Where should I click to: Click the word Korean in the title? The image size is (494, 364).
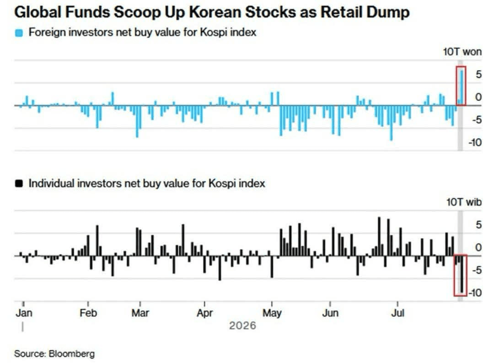pos(215,12)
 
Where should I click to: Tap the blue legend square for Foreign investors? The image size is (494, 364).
pos(19,33)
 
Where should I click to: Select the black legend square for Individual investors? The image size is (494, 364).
pos(19,184)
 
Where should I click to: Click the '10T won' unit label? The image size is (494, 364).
pos(462,52)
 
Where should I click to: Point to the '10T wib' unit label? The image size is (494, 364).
pos(464,202)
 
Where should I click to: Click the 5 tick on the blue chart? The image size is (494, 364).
pos(478,75)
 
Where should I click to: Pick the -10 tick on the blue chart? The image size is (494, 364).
pos(475,142)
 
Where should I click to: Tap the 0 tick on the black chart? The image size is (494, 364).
pos(478,247)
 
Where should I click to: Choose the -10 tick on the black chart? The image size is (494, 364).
pos(475,293)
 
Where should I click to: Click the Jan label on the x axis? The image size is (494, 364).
pos(24,313)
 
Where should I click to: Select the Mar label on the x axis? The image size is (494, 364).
pos(140,313)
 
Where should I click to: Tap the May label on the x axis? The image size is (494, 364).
pos(272,313)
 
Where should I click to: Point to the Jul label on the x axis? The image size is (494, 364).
pos(398,313)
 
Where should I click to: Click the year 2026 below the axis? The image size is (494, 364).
pos(242,326)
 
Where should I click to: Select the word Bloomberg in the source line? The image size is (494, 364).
pos(72,354)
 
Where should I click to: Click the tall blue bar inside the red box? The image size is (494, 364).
pos(462,88)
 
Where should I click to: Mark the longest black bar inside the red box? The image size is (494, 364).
pos(462,274)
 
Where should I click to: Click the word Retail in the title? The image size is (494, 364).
pos(342,12)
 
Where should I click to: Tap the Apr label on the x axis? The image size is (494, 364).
pos(205,313)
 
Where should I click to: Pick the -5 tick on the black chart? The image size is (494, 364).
pos(477,270)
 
